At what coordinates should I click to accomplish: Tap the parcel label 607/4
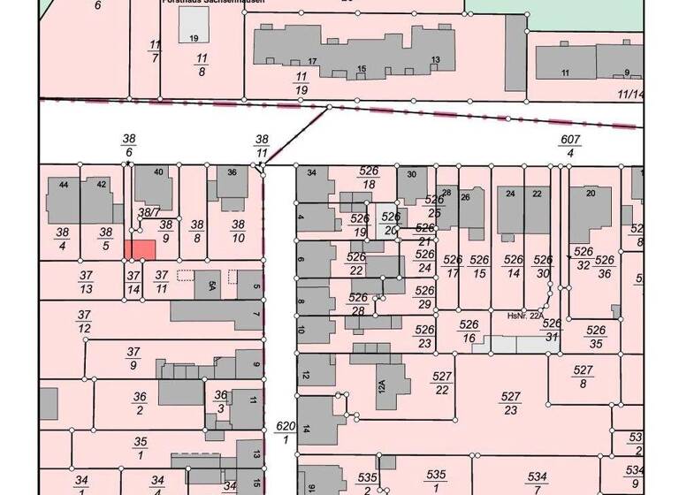[x=570, y=147]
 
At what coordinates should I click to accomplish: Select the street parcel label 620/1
[x=284, y=433]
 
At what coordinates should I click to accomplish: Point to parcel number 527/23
[x=510, y=403]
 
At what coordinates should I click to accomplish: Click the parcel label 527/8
[x=583, y=377]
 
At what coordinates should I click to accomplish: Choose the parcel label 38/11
[x=262, y=147]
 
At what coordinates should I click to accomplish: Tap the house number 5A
[x=212, y=286]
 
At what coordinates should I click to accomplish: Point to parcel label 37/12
[x=85, y=322]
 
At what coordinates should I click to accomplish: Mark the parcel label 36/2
[x=140, y=403]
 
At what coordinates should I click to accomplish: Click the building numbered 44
[x=63, y=200]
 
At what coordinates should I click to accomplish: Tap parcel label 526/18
[x=369, y=177]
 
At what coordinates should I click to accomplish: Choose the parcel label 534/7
[x=537, y=483]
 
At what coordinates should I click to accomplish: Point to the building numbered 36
[x=232, y=186]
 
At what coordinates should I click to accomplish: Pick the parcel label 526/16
[x=469, y=331]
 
